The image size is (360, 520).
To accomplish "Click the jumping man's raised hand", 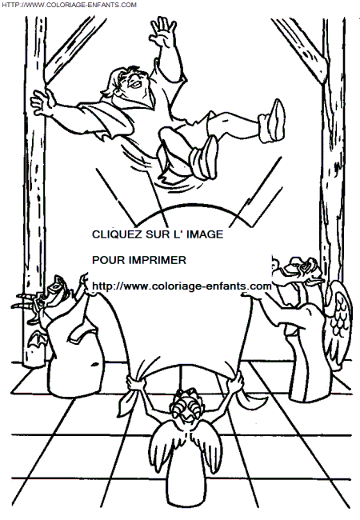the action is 163,30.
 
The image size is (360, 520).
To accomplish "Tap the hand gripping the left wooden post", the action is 43,101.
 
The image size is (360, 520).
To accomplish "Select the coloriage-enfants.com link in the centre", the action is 182,286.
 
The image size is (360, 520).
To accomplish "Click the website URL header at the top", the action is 70,5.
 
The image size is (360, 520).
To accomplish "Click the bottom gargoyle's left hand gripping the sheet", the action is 136,382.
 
